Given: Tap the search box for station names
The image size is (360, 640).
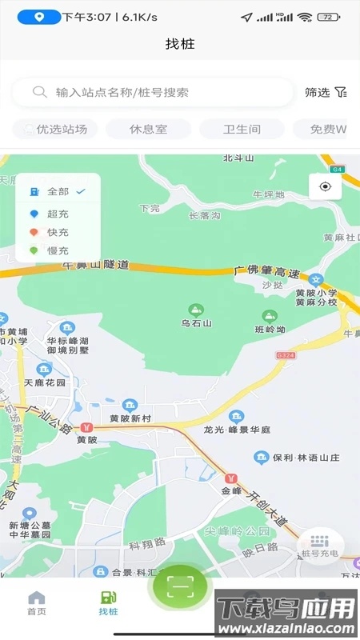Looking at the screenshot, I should (x=152, y=92).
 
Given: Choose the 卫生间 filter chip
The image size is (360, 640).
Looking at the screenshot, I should (x=241, y=129).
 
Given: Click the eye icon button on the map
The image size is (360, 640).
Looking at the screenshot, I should (x=326, y=186).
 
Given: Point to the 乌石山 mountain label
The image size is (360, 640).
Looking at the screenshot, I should (x=195, y=322).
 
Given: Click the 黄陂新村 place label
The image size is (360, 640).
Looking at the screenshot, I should (x=130, y=418).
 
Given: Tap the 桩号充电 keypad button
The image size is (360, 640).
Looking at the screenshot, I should (x=320, y=546).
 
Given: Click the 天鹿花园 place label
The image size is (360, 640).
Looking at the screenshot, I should (x=45, y=382).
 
